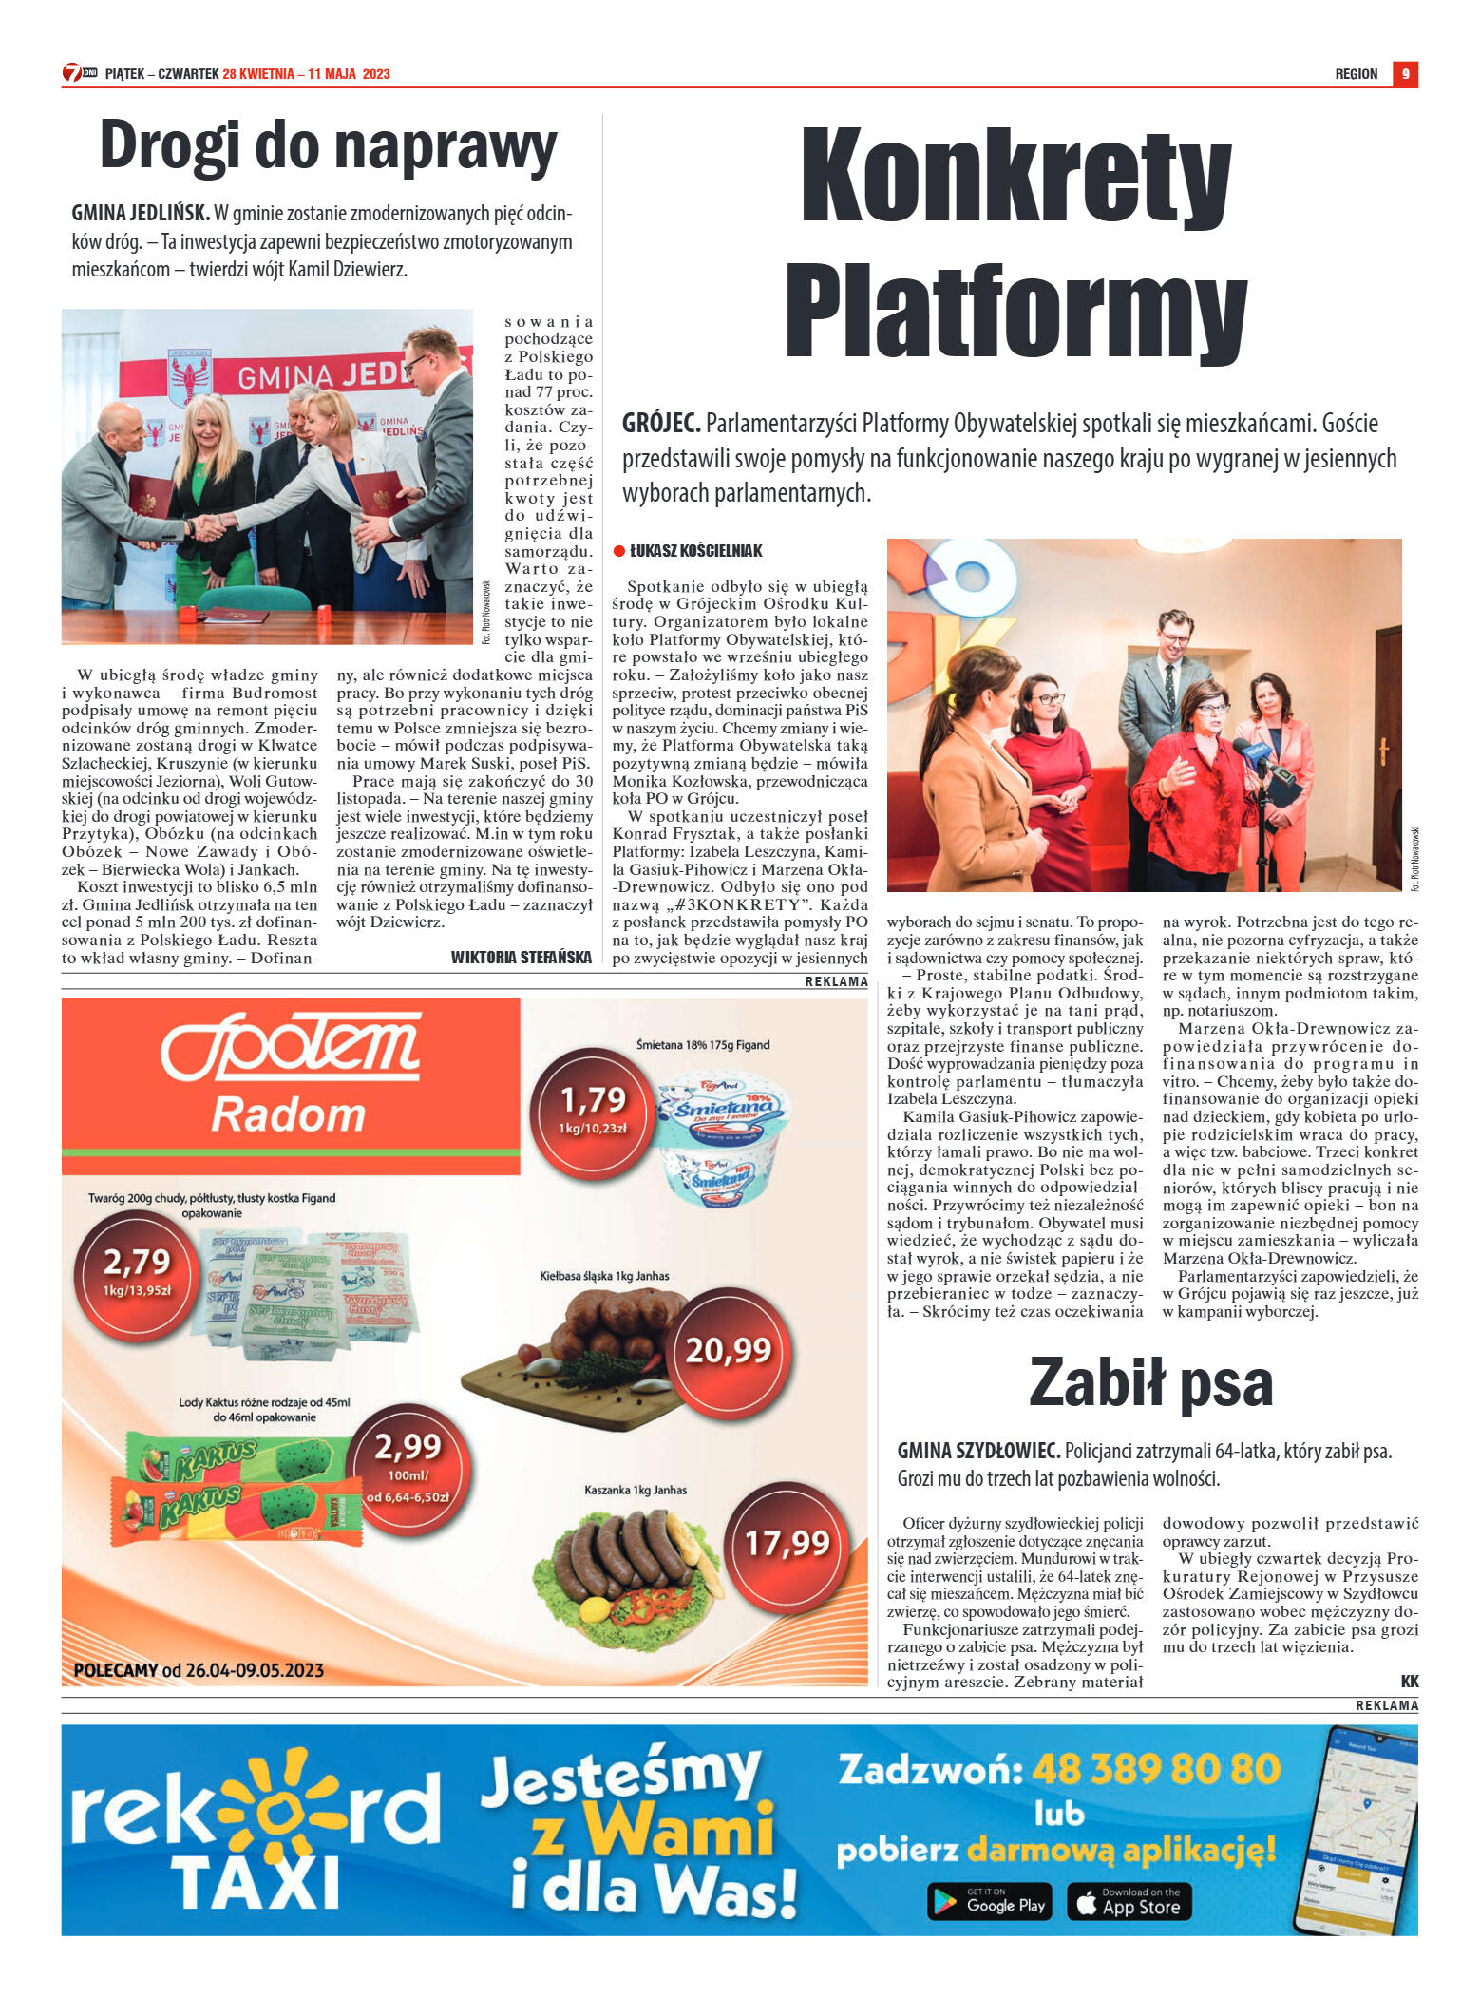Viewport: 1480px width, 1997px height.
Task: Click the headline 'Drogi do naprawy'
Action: (x=328, y=147)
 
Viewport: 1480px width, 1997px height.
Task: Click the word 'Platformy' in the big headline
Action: (x=1015, y=310)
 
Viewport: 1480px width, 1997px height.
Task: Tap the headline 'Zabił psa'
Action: (x=1150, y=1382)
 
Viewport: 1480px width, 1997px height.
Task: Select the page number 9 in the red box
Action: (x=1405, y=74)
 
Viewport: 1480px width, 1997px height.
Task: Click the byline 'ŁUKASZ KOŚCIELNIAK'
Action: (x=695, y=551)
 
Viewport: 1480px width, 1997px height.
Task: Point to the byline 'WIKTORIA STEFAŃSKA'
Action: (x=521, y=957)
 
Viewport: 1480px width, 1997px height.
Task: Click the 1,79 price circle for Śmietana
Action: (x=593, y=1110)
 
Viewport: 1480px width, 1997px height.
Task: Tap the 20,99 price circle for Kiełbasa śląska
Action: (x=729, y=1350)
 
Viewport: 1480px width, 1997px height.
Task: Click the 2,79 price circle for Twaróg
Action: (x=137, y=1271)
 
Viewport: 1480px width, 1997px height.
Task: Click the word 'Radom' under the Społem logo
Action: (x=288, y=1114)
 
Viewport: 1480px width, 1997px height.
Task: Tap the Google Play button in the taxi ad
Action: (x=989, y=1901)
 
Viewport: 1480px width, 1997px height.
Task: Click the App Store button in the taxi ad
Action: (x=1129, y=1901)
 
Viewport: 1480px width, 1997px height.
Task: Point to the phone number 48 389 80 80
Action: (x=1155, y=1769)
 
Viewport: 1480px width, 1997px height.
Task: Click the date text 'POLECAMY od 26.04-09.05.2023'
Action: (x=199, y=1670)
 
